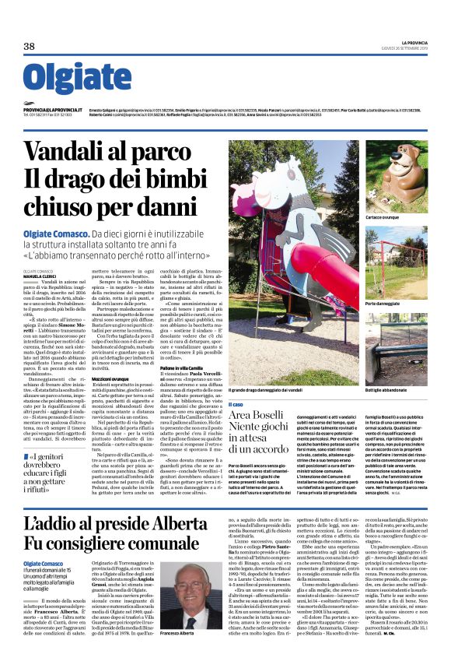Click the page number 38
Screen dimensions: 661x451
(x=29, y=47)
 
